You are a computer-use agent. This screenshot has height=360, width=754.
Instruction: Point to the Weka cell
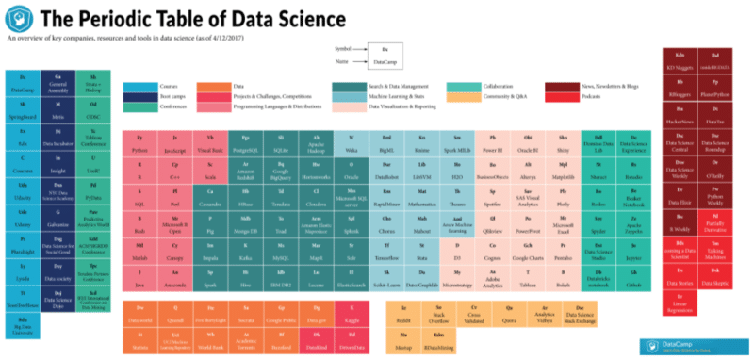[352, 144]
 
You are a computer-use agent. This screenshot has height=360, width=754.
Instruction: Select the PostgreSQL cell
[247, 144]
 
